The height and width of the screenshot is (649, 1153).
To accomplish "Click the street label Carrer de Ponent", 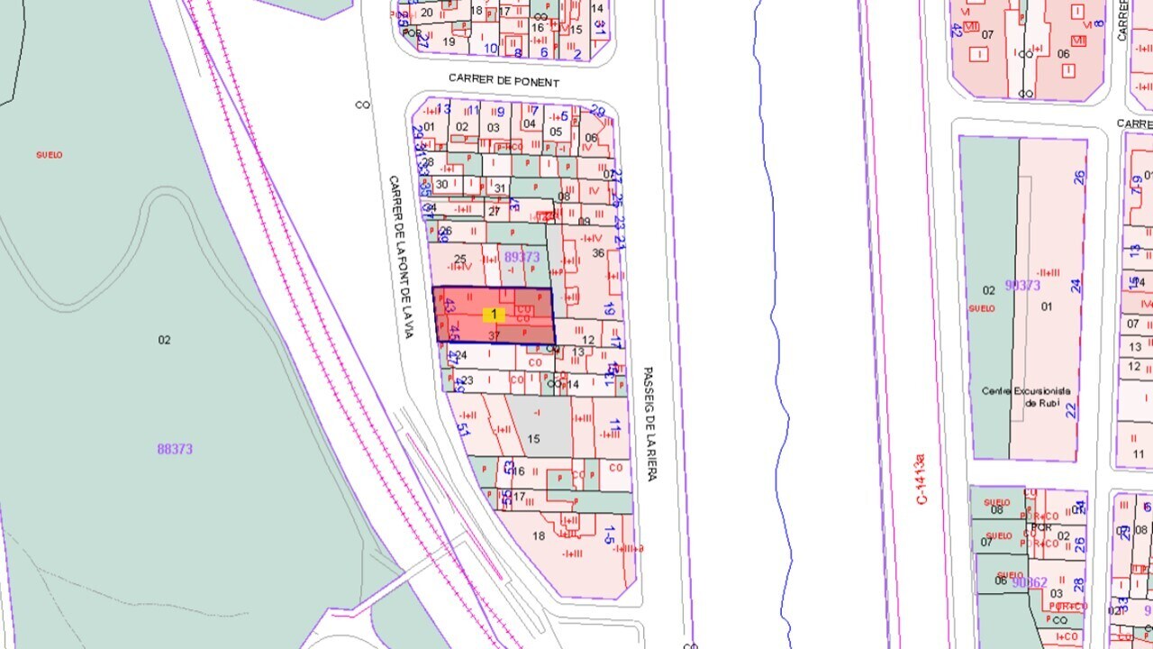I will pos(504,82).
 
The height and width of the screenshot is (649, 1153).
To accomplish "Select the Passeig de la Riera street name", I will pos(649,423).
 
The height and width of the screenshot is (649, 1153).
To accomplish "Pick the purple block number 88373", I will pos(175,449).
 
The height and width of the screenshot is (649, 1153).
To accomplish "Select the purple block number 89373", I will pos(522,257).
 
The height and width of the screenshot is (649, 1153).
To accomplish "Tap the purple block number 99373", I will pos(1022,286).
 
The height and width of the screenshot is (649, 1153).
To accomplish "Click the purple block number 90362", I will pos(1030,582).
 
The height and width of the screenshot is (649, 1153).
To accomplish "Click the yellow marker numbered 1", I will pos(494,315).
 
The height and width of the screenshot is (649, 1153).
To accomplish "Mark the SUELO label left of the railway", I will pos(49,155).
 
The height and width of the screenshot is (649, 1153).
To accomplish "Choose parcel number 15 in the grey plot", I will pos(533,439).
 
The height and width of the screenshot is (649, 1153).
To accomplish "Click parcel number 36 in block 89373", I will pos(598,253).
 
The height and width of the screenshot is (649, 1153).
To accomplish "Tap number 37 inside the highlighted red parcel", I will pos(494,335).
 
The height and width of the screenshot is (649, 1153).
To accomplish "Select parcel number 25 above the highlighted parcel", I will pos(460,260).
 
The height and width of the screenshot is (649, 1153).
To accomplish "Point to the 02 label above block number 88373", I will pos(164,340).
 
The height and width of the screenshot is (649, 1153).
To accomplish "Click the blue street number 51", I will pos(464,428).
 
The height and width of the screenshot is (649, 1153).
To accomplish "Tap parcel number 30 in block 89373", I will pos(441,185).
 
